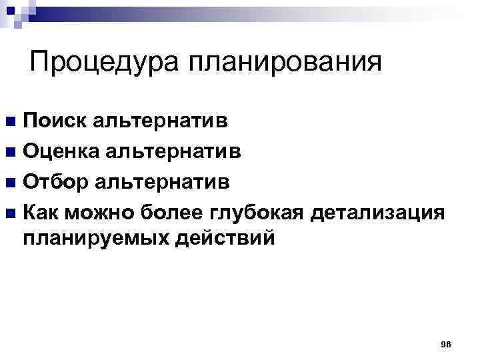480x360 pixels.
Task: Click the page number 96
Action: [x=446, y=343]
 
